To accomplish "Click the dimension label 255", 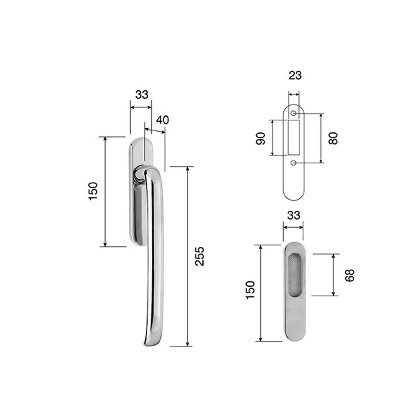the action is pyautogui.click(x=199, y=256).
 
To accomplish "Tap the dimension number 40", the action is pyautogui.click(x=163, y=120).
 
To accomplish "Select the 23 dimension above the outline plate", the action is pyautogui.click(x=295, y=75).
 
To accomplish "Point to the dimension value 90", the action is pyautogui.click(x=261, y=138).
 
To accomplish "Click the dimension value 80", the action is pyautogui.click(x=333, y=138).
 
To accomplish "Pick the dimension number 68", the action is pyautogui.click(x=349, y=275).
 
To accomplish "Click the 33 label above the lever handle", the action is pyautogui.click(x=142, y=94).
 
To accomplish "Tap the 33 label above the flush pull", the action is pyautogui.click(x=294, y=215).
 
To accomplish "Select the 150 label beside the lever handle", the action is pyautogui.click(x=93, y=191).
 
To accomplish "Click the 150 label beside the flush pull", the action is pyautogui.click(x=250, y=290).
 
